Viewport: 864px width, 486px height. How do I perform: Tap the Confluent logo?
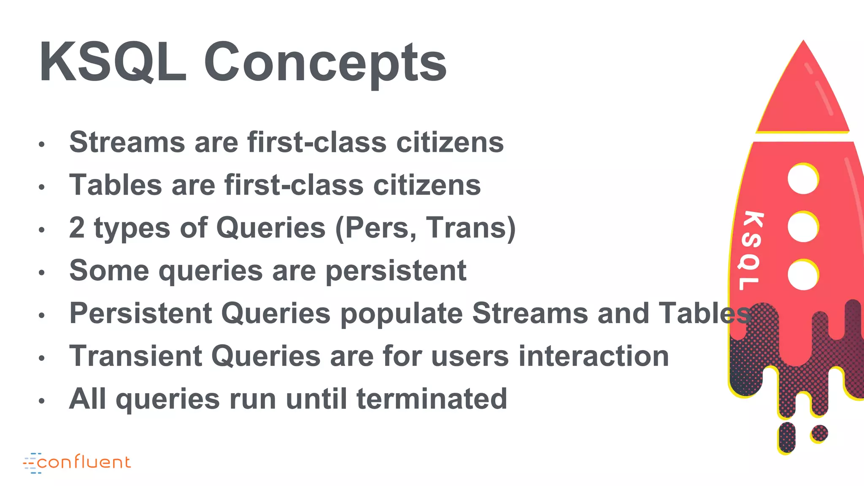pyautogui.click(x=77, y=462)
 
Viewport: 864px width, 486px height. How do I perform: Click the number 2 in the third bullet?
pyautogui.click(x=77, y=228)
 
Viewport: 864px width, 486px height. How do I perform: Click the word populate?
pyautogui.click(x=401, y=314)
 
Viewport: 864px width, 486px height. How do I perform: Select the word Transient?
pyautogui.click(x=135, y=356)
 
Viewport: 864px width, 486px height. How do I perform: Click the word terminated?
pyautogui.click(x=432, y=399)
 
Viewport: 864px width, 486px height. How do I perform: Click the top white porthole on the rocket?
pyautogui.click(x=802, y=179)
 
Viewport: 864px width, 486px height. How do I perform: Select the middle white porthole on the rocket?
pyautogui.click(x=802, y=227)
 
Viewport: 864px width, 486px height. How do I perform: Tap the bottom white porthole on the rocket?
pyautogui.click(x=802, y=275)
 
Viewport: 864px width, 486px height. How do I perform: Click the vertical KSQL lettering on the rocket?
pyautogui.click(x=751, y=251)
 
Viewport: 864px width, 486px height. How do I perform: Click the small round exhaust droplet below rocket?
pyautogui.click(x=819, y=433)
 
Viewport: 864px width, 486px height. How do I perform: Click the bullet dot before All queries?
pyautogui.click(x=41, y=401)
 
